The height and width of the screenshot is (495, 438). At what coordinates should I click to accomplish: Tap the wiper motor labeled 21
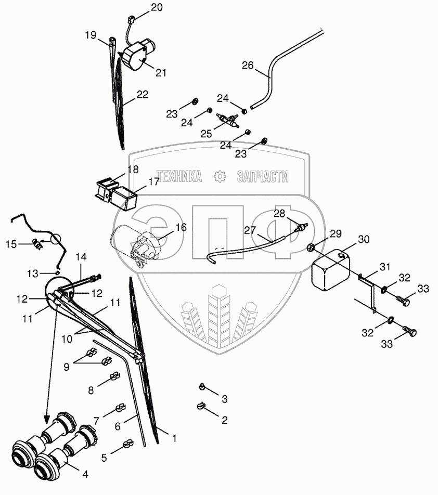[138, 56]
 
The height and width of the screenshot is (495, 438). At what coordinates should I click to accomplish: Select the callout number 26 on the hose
[248, 66]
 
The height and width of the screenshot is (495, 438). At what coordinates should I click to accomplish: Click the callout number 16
[181, 227]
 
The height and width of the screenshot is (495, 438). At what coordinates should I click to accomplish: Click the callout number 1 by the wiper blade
[174, 438]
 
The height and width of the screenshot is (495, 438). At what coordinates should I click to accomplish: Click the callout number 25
[207, 134]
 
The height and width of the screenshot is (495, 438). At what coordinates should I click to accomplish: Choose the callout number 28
[280, 214]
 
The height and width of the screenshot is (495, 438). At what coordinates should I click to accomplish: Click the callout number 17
[154, 182]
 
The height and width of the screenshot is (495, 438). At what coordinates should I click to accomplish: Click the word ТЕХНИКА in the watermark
[179, 177]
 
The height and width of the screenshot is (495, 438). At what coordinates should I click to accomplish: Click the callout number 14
[81, 256]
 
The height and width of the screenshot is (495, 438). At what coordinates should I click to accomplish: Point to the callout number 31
[384, 267]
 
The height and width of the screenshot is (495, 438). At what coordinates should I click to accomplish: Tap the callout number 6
[118, 425]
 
